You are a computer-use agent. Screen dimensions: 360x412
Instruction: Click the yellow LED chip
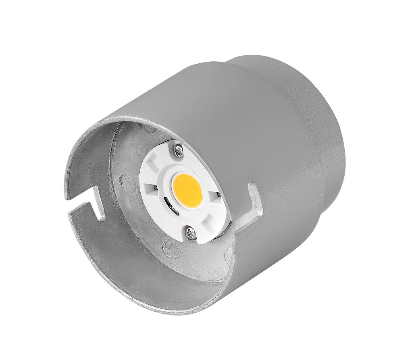[x=187, y=190]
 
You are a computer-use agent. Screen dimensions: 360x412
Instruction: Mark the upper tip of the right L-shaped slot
[x=253, y=187]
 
